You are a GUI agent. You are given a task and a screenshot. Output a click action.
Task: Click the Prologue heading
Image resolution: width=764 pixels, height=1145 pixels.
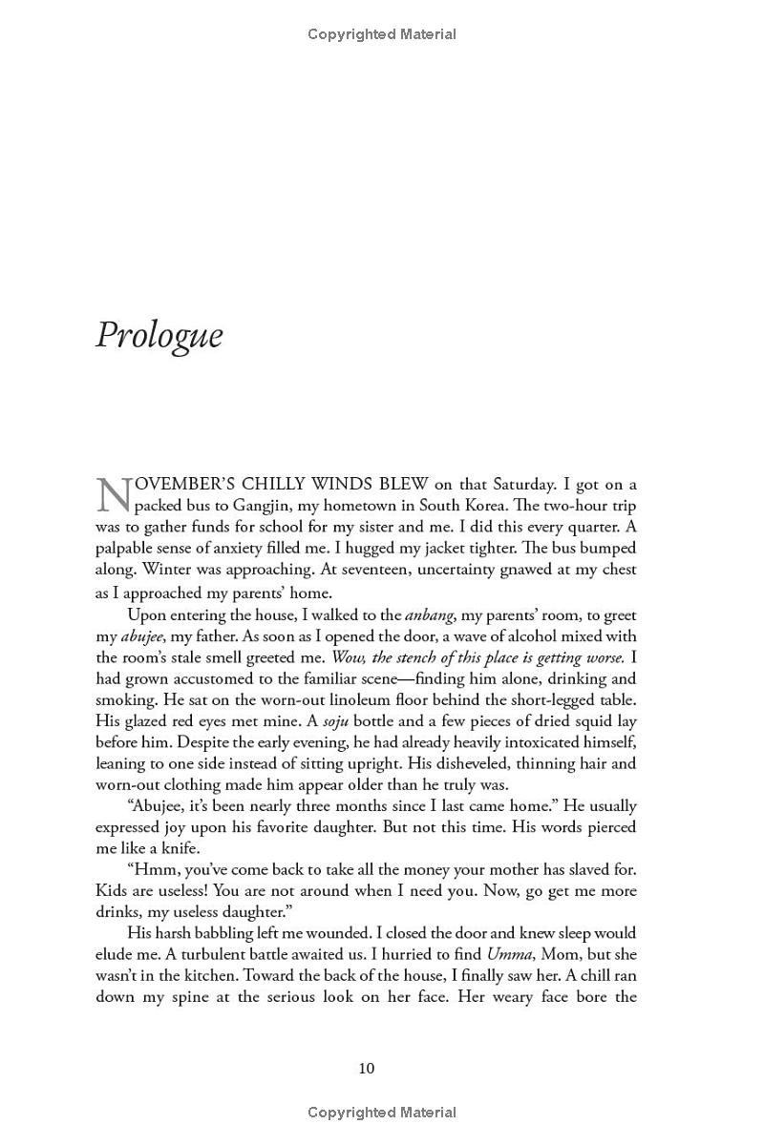(159, 336)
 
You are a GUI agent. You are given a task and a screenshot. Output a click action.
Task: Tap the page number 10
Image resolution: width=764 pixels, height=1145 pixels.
(367, 1068)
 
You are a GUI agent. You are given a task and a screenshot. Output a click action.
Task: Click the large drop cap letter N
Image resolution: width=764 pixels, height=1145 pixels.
(113, 494)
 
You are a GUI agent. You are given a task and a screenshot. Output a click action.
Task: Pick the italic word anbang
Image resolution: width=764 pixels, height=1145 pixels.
(429, 615)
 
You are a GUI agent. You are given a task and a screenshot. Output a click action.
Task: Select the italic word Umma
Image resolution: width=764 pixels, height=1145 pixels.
(508, 953)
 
